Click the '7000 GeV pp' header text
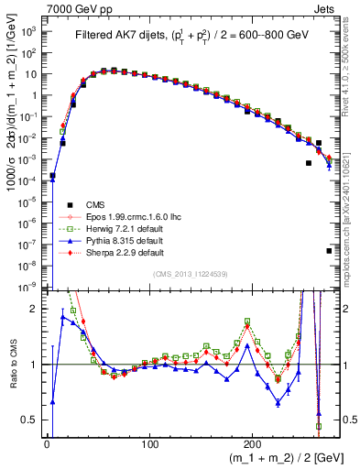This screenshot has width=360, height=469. tap(75, 8)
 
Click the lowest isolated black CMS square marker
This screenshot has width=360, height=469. tap(329, 250)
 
